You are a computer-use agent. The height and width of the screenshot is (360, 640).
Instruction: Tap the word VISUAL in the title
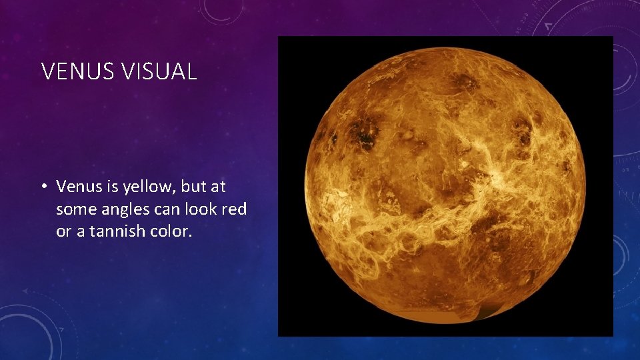pyautogui.click(x=159, y=71)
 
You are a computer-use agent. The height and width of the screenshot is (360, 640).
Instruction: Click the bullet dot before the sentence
pyautogui.click(x=45, y=187)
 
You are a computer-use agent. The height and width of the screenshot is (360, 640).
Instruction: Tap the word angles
pyautogui.click(x=123, y=209)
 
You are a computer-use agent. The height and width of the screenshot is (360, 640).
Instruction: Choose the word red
pyautogui.click(x=233, y=209)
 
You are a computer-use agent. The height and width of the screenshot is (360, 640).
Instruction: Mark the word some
pyautogui.click(x=74, y=209)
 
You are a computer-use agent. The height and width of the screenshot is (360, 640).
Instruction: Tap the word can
pyautogui.click(x=164, y=209)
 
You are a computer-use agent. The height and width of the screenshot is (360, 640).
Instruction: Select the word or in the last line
pyautogui.click(x=63, y=231)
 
